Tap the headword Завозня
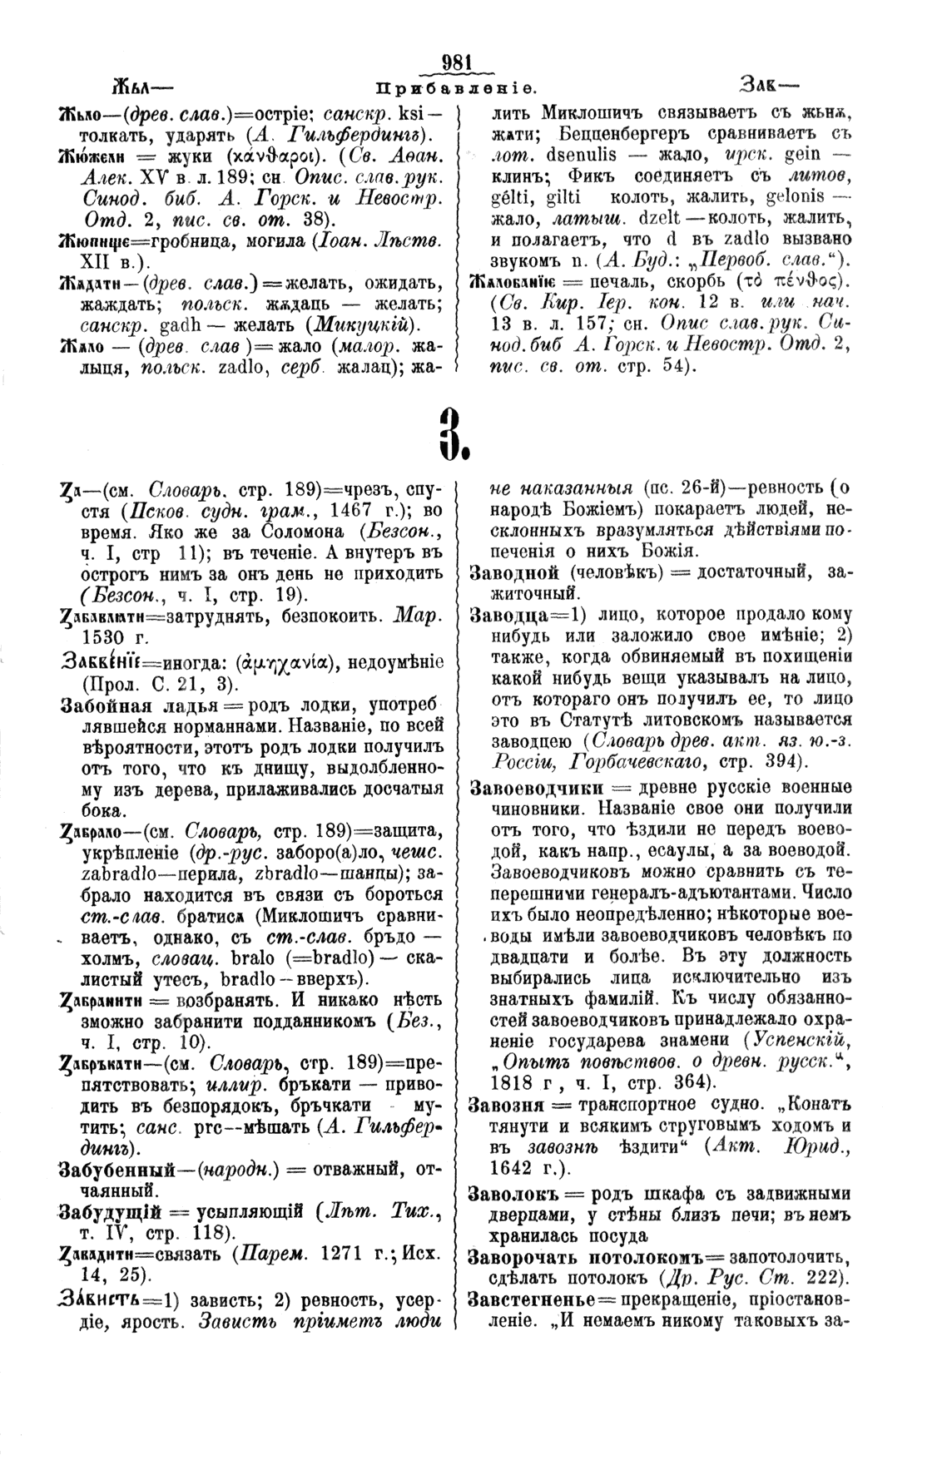(x=507, y=1104)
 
